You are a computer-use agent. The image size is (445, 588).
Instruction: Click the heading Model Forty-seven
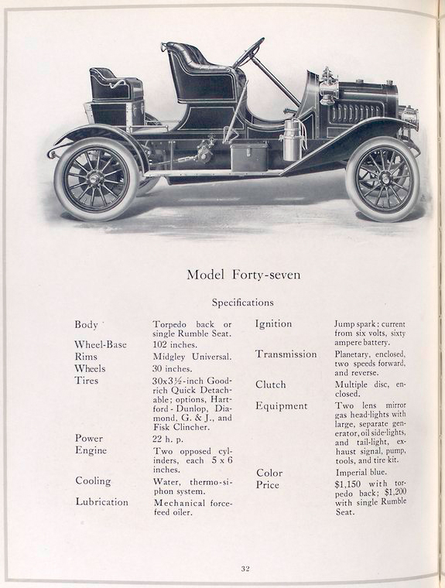click(x=242, y=275)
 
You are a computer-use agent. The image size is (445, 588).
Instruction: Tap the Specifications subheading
click(x=242, y=303)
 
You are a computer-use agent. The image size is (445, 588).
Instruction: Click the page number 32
click(x=245, y=569)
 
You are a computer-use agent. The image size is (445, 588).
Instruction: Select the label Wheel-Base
click(x=101, y=344)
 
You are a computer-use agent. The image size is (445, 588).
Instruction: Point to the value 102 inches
click(x=176, y=345)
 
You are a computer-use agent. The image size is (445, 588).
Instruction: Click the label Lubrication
click(x=102, y=501)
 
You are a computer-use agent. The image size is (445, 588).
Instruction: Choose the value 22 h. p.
click(x=169, y=439)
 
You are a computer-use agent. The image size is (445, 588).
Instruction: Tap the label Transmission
click(x=286, y=354)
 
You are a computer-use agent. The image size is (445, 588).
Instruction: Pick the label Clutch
click(x=271, y=385)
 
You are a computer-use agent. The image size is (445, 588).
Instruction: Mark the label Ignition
click(x=274, y=323)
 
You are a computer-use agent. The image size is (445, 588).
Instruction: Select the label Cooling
click(x=93, y=480)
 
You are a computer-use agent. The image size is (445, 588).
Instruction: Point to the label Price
click(x=267, y=485)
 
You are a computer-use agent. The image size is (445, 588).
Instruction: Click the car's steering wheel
click(x=249, y=53)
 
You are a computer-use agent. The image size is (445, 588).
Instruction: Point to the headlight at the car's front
click(x=408, y=118)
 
